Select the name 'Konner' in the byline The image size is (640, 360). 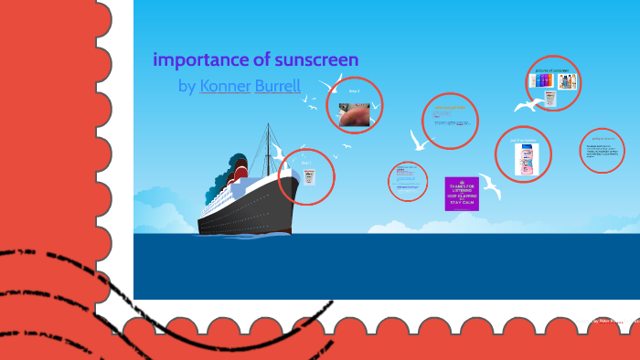225,87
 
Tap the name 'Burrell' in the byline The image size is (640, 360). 278,87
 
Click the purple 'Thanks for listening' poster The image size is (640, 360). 462,193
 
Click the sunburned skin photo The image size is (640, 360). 354,114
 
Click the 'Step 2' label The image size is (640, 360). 354,91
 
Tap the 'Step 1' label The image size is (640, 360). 307,164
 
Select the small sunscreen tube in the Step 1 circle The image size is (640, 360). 309,176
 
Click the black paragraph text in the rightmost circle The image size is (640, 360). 603,151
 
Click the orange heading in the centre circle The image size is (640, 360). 450,108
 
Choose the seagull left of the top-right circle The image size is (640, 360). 528,104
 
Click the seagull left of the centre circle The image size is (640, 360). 419,140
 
